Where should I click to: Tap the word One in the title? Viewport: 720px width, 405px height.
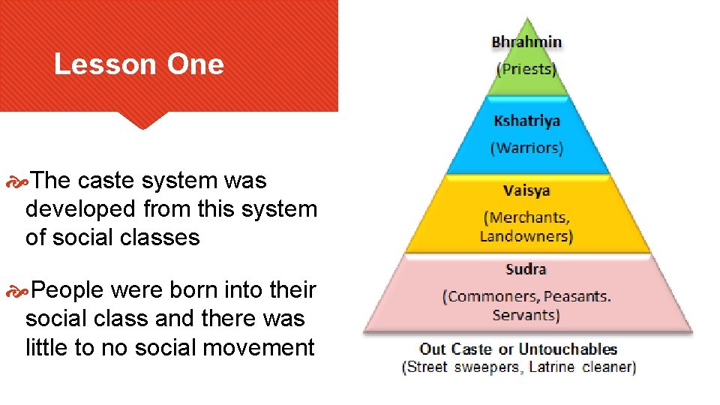(195, 64)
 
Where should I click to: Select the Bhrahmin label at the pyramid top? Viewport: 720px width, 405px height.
(526, 42)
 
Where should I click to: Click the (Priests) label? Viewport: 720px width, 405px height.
(526, 70)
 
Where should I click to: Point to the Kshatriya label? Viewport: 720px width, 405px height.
(526, 121)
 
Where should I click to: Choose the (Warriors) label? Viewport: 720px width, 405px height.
(526, 148)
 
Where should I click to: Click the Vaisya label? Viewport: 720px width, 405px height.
(526, 190)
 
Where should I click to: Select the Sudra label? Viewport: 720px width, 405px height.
(526, 269)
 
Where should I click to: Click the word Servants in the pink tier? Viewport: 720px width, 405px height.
(525, 315)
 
